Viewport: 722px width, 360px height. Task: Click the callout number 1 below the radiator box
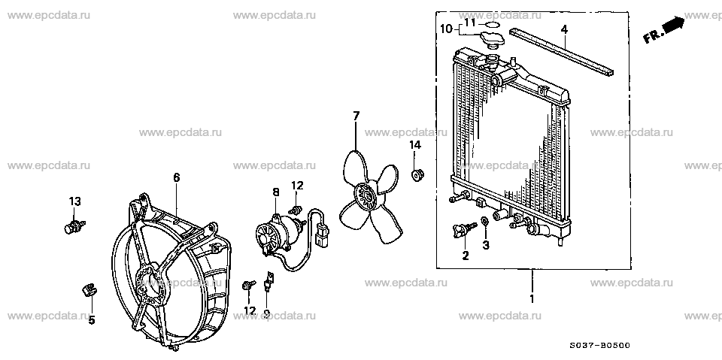click(532, 299)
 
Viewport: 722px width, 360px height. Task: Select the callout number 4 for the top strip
click(564, 30)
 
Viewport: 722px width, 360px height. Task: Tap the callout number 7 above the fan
click(356, 116)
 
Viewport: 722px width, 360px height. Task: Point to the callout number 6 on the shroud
click(177, 177)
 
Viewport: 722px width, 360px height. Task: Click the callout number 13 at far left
click(74, 201)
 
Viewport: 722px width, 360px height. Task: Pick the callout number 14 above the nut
click(415, 145)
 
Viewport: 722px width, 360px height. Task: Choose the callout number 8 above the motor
click(276, 192)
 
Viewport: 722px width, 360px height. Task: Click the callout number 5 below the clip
click(92, 319)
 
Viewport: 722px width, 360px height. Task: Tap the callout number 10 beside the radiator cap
click(446, 29)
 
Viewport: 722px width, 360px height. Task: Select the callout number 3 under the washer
click(486, 245)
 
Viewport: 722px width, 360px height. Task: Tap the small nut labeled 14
click(417, 175)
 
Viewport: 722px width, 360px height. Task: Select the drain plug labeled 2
click(463, 230)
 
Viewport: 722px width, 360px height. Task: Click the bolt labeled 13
click(74, 226)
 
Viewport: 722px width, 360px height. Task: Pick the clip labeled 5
click(90, 289)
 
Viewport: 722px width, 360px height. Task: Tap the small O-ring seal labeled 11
click(492, 23)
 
